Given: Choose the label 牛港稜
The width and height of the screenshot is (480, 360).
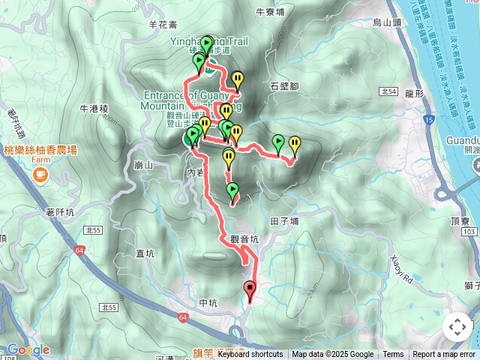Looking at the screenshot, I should pyautogui.click(x=94, y=109).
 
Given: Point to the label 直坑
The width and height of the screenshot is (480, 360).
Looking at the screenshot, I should pyautogui.click(x=145, y=254).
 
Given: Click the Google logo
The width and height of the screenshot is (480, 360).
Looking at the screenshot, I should pyautogui.click(x=28, y=349).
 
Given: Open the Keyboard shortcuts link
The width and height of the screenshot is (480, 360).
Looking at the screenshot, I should pyautogui.click(x=250, y=355).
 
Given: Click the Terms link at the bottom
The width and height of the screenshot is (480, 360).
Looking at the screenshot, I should pyautogui.click(x=393, y=355).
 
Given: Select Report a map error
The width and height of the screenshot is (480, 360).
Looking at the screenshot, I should pyautogui.click(x=444, y=355).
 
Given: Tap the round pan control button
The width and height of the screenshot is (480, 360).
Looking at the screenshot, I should pyautogui.click(x=457, y=327).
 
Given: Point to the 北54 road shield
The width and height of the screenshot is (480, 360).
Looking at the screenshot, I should pyautogui.click(x=388, y=91).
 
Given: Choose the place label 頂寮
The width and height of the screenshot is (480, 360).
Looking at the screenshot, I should pyautogui.click(x=460, y=223).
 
